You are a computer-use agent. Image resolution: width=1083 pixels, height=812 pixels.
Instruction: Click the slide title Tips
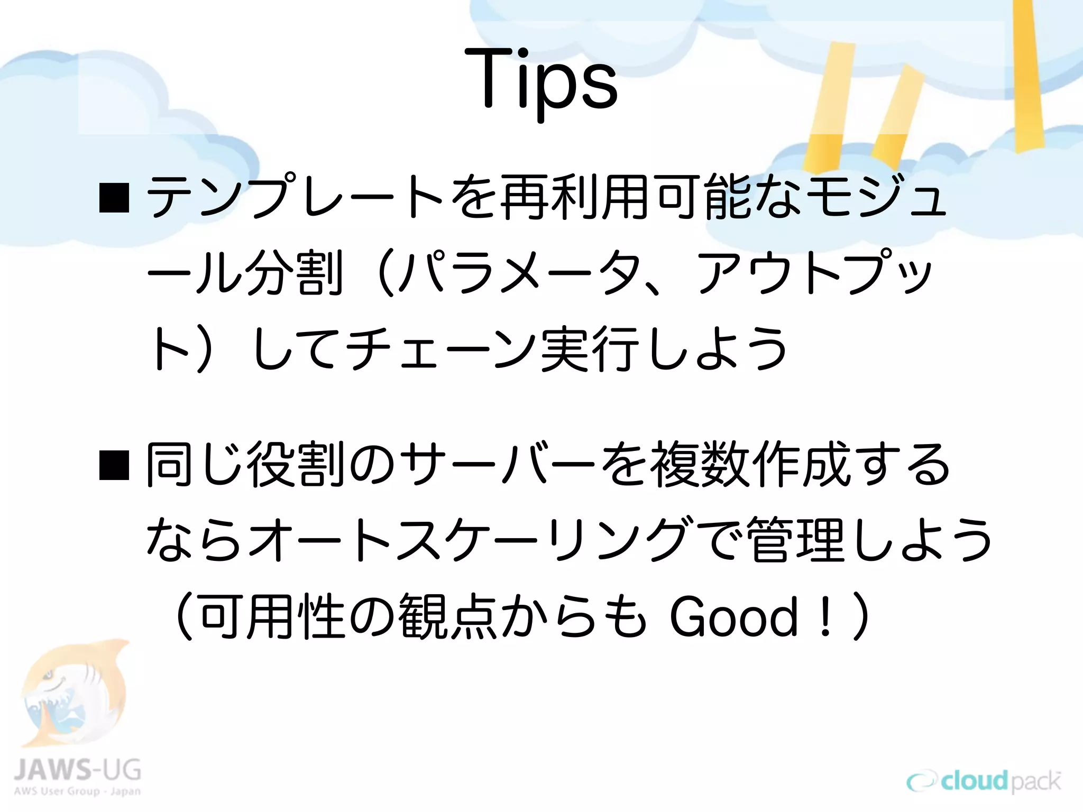pos(541,79)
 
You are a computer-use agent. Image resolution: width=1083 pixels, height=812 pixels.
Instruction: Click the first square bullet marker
pos(114,198)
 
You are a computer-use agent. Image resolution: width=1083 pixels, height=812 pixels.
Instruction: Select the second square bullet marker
pos(114,465)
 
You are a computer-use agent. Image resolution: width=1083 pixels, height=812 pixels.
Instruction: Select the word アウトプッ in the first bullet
pos(814,273)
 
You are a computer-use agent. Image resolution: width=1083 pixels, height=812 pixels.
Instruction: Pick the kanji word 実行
pos(587,349)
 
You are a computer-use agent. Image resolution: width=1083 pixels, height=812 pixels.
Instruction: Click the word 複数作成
pos(751,465)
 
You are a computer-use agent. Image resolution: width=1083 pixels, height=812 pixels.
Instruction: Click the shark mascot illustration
pos(74,693)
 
